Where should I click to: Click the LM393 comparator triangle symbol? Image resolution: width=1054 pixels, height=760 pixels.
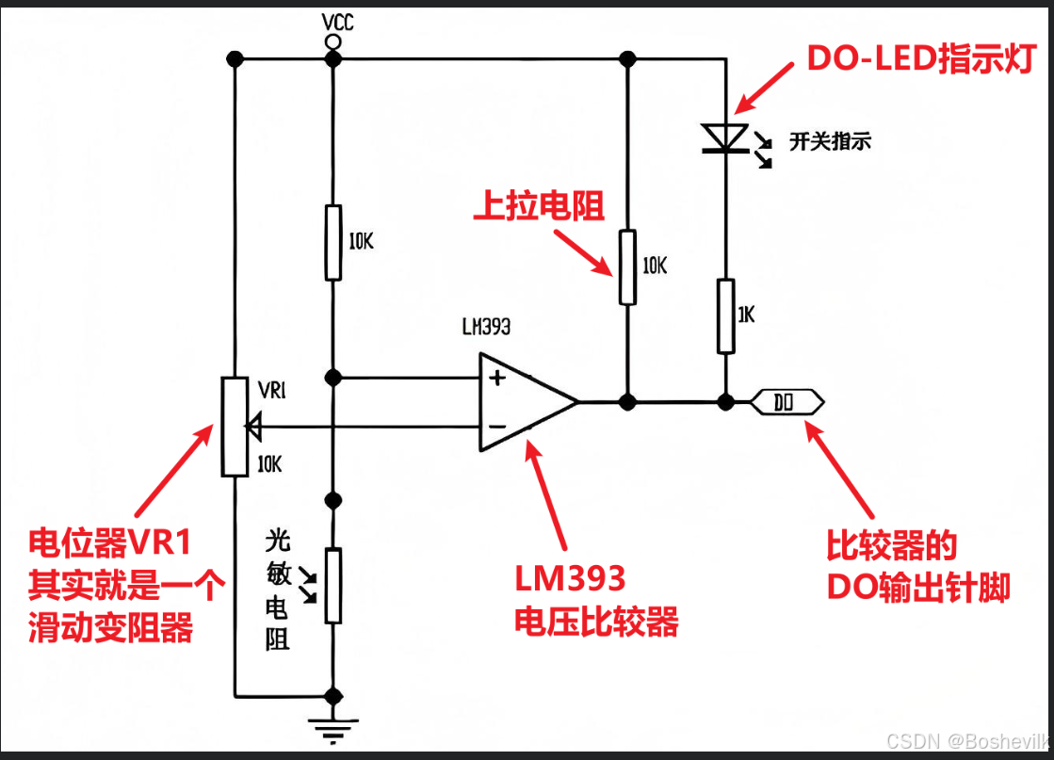523,402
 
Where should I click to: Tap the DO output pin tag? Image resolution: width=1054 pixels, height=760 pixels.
786,402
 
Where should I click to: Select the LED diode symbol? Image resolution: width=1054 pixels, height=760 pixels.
725,138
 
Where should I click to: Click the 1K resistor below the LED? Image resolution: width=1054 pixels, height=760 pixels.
725,315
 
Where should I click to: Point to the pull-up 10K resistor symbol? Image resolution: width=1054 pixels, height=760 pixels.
627,267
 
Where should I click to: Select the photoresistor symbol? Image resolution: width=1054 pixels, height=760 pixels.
332,584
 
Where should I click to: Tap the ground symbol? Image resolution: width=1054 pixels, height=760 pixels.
332,726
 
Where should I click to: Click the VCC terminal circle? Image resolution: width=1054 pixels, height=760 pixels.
332,42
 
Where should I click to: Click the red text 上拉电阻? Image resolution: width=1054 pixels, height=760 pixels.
538,206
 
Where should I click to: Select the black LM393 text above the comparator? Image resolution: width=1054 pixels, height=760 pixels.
487,328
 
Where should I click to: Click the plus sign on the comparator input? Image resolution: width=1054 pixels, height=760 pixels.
496,379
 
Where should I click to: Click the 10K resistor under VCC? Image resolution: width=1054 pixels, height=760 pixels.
332,242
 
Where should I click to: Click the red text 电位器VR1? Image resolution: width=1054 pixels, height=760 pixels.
109,542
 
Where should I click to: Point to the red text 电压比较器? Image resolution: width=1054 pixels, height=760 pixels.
595,622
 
